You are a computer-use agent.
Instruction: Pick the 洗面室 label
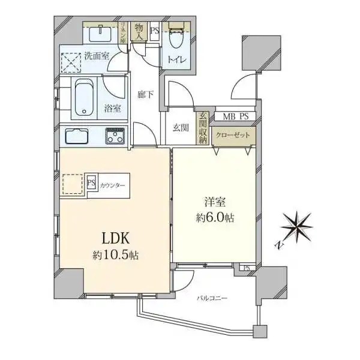click(96, 56)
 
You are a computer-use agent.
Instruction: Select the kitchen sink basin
click(77, 136)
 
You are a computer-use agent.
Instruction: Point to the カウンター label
click(113, 185)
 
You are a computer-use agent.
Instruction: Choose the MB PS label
click(230, 116)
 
